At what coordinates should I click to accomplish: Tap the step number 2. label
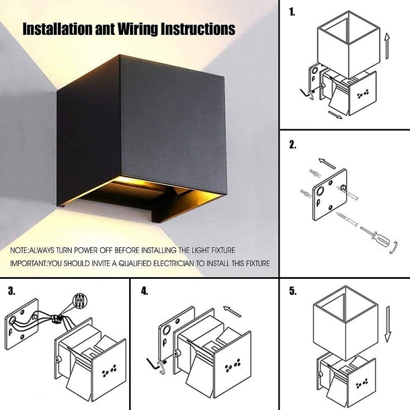[293, 145]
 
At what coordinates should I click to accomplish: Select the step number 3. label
[12, 291]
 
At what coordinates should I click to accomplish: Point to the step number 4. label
[145, 291]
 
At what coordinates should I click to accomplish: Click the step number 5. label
[293, 291]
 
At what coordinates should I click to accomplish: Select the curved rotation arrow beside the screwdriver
[394, 249]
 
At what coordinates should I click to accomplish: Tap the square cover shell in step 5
[344, 328]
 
